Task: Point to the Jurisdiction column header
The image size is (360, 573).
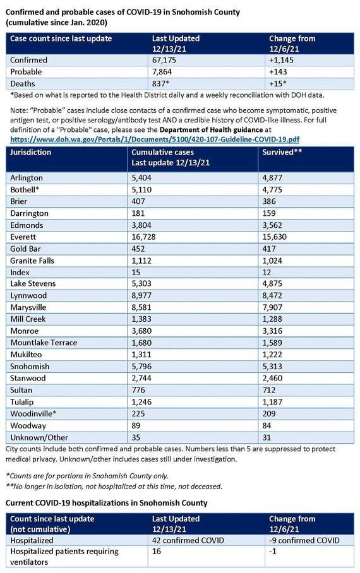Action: [32, 153]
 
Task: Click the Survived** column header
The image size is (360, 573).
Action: [283, 153]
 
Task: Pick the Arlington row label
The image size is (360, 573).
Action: [27, 177]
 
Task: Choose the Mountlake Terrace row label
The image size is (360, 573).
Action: [44, 343]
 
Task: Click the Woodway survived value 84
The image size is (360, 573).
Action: [268, 426]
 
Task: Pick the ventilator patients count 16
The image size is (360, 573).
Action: [157, 552]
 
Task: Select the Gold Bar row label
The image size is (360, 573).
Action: [27, 249]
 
